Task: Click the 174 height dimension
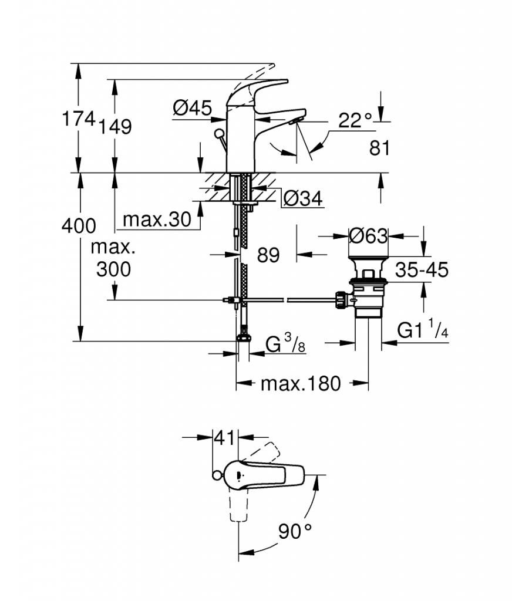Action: pyautogui.click(x=79, y=119)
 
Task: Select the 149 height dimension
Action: pyautogui.click(x=116, y=126)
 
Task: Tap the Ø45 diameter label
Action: pyautogui.click(x=192, y=108)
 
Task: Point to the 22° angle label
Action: pyautogui.click(x=355, y=120)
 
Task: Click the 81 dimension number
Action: pyautogui.click(x=379, y=147)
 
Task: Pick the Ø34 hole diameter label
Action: pyautogui.click(x=303, y=198)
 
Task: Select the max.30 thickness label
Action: pyautogui.click(x=157, y=220)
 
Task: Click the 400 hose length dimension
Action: pyautogui.click(x=79, y=225)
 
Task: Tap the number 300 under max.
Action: pyautogui.click(x=113, y=269)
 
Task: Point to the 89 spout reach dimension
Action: pyautogui.click(x=268, y=255)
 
